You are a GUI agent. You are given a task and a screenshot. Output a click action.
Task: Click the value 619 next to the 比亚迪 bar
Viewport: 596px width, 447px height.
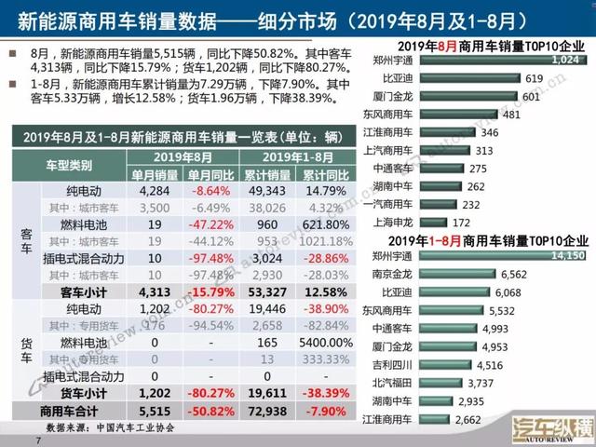[x=534, y=79]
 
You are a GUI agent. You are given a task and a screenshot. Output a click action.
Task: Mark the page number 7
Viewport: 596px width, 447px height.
[x=38, y=439]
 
